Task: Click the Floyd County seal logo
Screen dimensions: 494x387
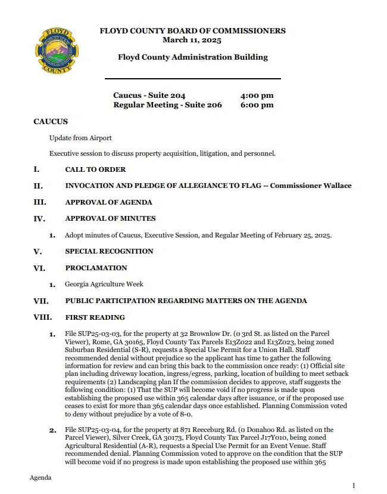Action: [x=57, y=50]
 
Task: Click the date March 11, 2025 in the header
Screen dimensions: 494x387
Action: [x=192, y=40]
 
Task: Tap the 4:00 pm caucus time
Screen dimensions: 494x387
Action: [x=257, y=95]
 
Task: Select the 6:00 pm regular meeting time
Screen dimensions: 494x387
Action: [x=257, y=105]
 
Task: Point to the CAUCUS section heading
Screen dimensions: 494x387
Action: [x=51, y=122]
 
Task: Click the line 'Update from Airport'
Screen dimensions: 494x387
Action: [x=80, y=138]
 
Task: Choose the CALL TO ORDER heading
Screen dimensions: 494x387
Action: [x=95, y=169]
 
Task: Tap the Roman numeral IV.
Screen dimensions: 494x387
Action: [x=39, y=219]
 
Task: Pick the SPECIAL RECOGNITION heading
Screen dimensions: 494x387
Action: [x=109, y=251]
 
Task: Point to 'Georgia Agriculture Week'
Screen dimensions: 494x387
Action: [x=104, y=284]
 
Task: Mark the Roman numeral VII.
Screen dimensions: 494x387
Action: [x=40, y=301]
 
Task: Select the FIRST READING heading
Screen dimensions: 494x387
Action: [x=95, y=317]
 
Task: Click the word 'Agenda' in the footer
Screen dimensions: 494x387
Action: [x=40, y=478]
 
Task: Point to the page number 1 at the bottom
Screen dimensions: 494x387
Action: [x=354, y=486]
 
